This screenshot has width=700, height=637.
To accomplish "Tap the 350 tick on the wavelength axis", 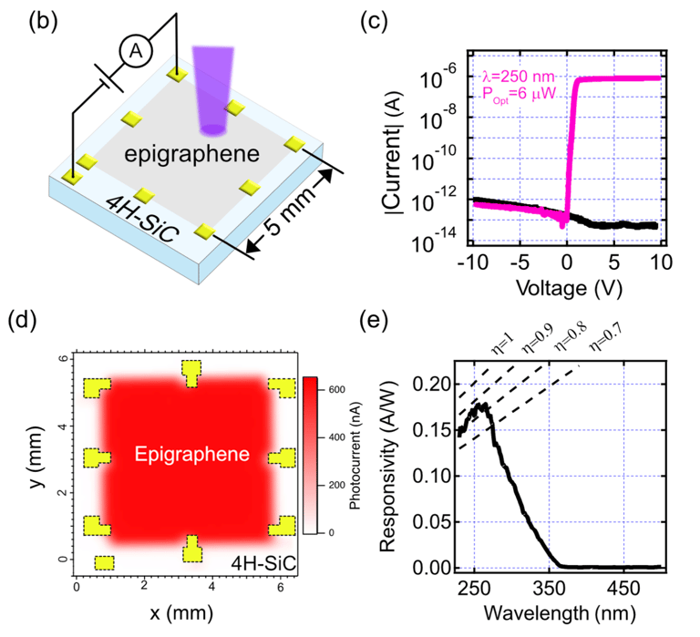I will point(550,588).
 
